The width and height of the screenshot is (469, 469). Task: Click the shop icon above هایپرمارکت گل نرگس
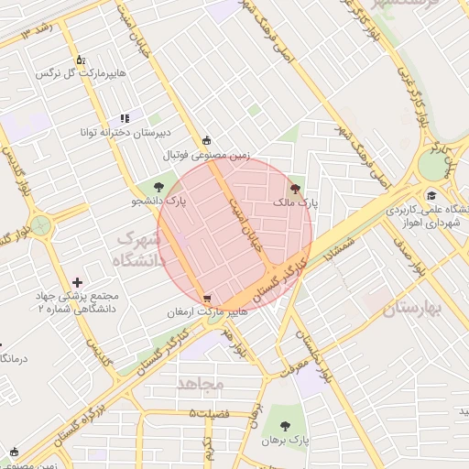81,59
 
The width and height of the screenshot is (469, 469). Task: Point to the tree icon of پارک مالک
294,189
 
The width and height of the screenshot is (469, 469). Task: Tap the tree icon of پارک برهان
286,426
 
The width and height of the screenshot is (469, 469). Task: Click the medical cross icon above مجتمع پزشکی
77,283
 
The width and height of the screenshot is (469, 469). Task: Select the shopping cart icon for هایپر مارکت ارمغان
207,299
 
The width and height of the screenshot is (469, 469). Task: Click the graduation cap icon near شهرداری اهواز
431,195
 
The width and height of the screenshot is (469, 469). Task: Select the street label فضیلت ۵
211,414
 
